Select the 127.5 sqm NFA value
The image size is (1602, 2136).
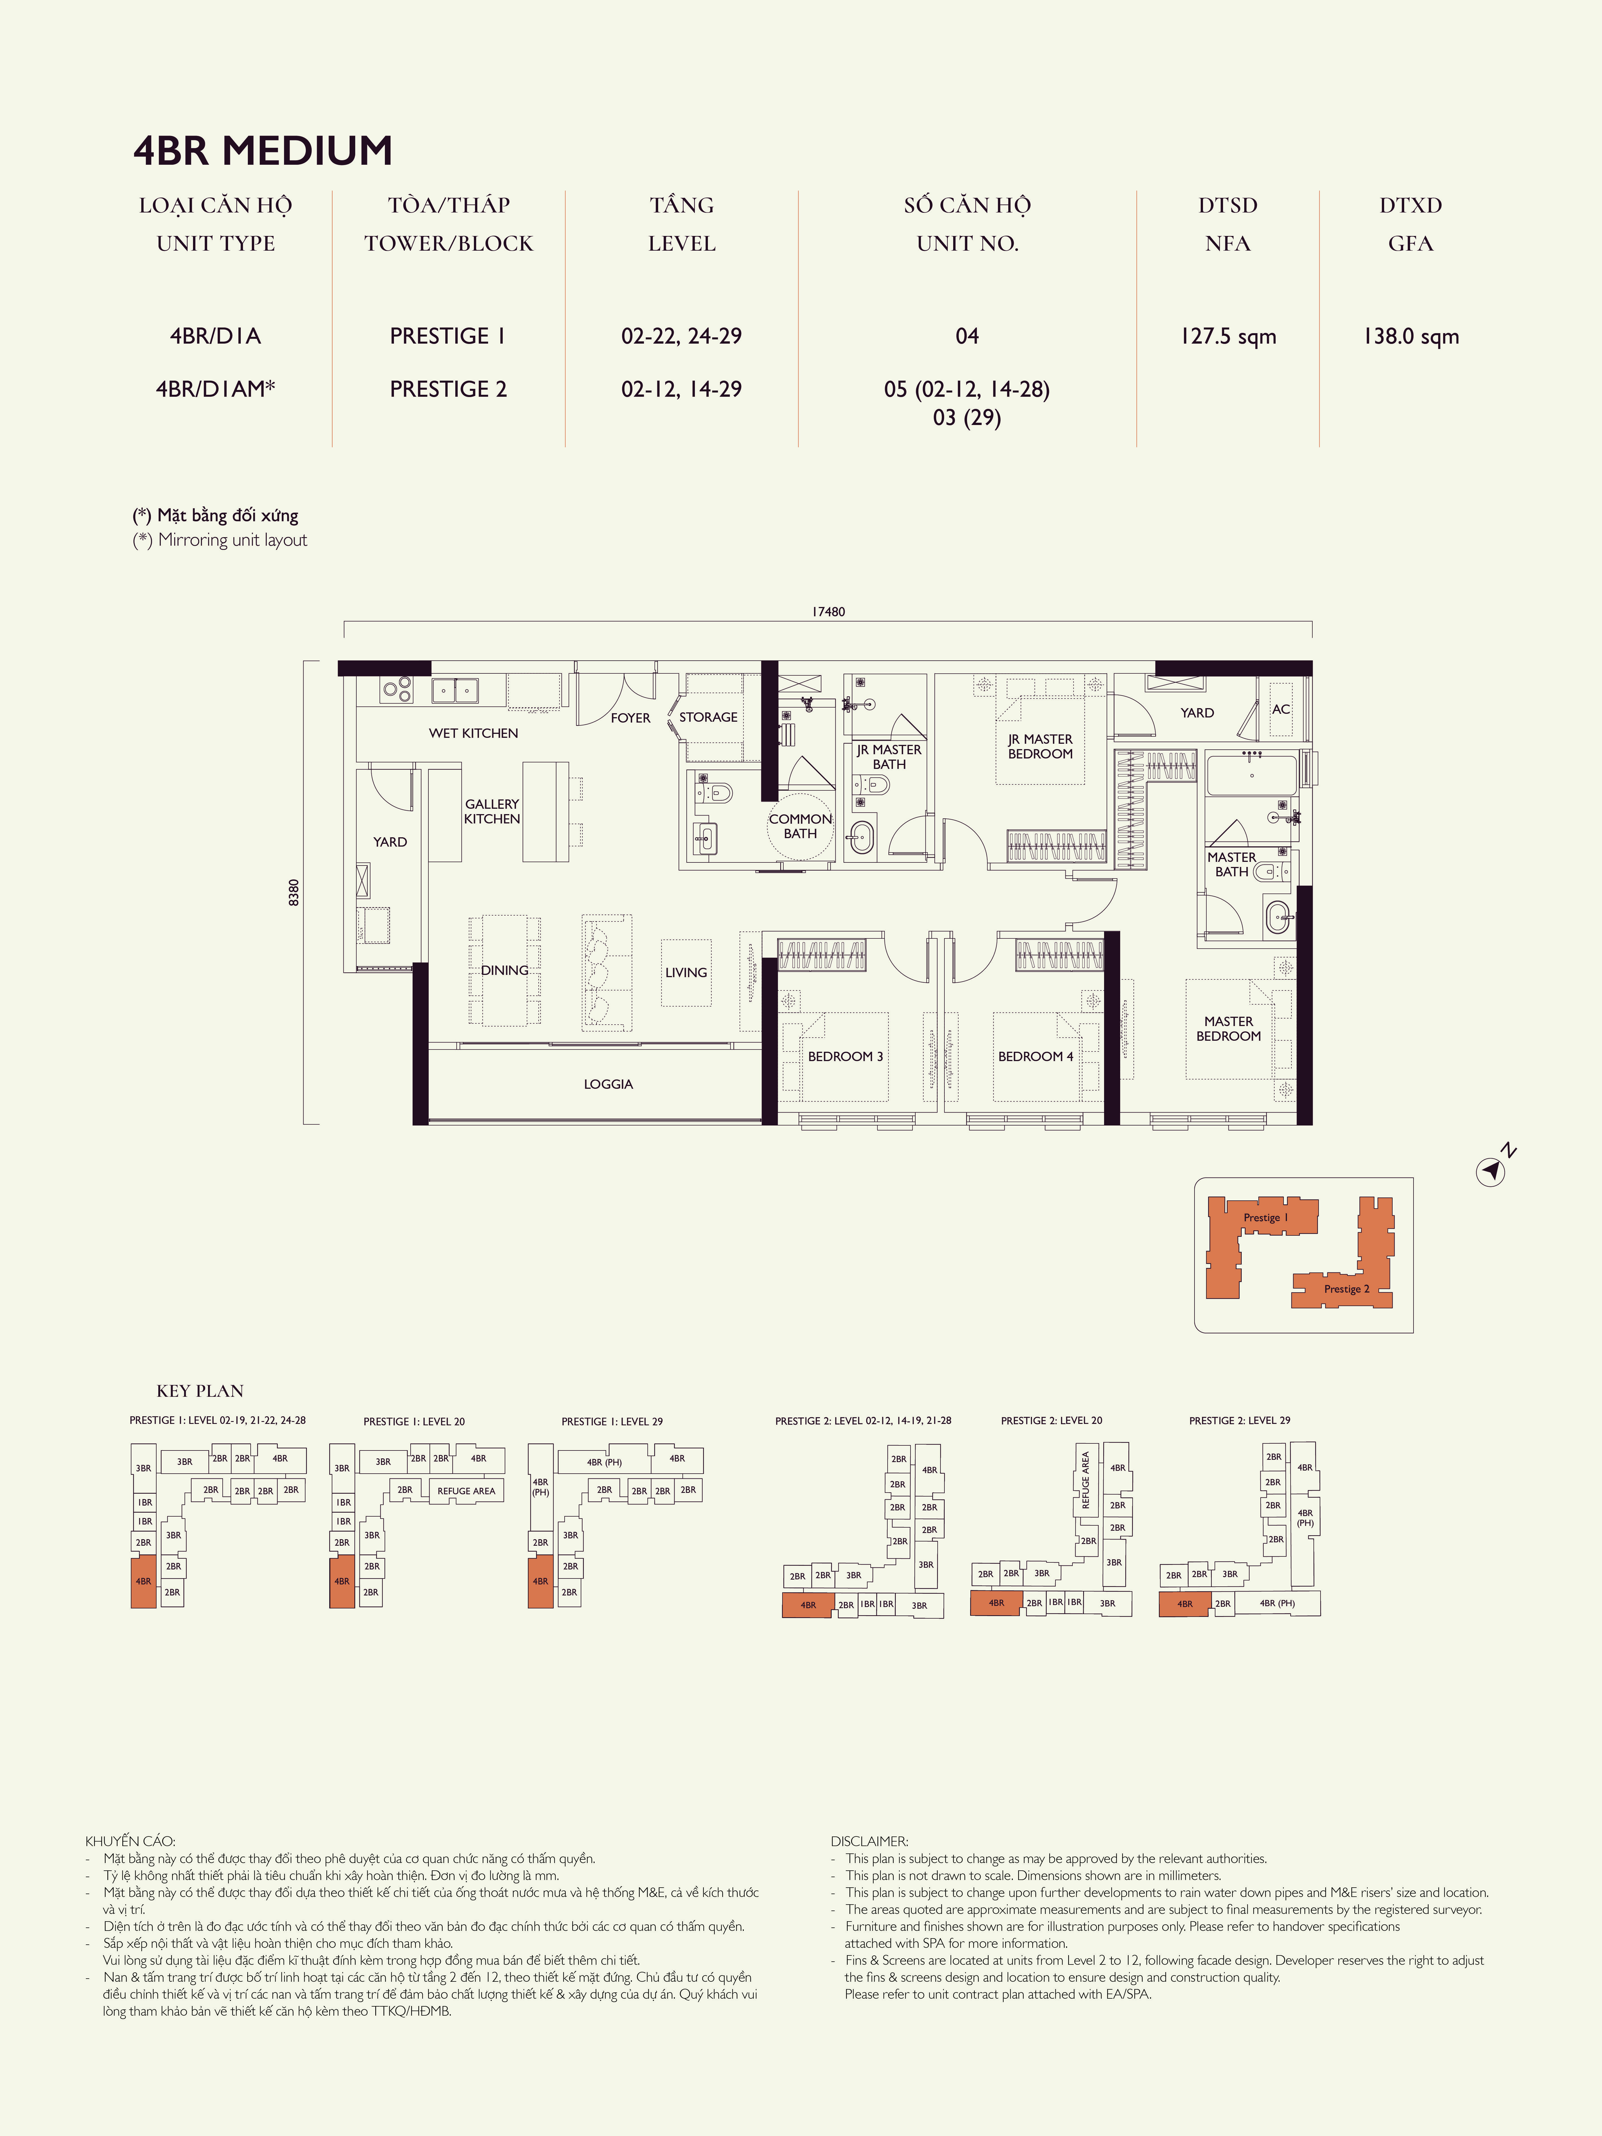[x=1227, y=336]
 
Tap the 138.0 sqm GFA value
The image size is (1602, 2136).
[x=1411, y=336]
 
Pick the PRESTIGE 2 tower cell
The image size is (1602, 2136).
[x=448, y=389]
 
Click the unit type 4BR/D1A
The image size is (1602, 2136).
[x=215, y=336]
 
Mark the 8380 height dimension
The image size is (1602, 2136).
[x=294, y=892]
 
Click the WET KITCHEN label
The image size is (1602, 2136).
[x=473, y=733]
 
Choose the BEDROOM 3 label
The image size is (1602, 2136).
[x=845, y=1056]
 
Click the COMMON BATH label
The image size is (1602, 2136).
[x=799, y=826]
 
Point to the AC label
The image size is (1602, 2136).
[x=1280, y=709]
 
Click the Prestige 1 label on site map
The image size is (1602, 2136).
[x=1265, y=1218]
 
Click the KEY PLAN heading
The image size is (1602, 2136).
[x=200, y=1391]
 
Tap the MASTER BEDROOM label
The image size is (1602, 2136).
[x=1228, y=1028]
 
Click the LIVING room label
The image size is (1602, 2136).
[x=686, y=972]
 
